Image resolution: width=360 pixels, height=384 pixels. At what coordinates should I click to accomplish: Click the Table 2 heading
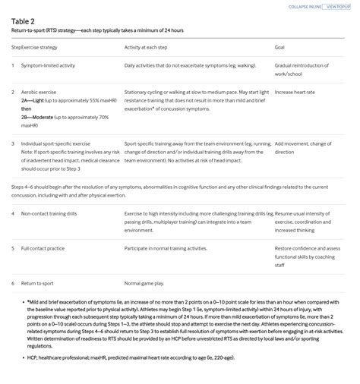pyautogui.click(x=23, y=20)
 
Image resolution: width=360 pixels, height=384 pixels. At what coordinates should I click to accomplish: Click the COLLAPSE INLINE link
pyautogui.click(x=305, y=7)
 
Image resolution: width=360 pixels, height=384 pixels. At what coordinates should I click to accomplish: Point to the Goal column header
pyautogui.click(x=279, y=47)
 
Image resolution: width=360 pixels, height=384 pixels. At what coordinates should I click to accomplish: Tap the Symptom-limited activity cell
pyautogui.click(x=48, y=65)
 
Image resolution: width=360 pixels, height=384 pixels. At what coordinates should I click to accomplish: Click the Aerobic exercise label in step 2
pyautogui.click(x=39, y=92)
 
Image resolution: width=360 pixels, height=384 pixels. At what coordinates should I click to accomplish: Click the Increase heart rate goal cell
pyautogui.click(x=294, y=92)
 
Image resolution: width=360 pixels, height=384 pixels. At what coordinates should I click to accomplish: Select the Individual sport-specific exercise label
pyautogui.click(x=55, y=143)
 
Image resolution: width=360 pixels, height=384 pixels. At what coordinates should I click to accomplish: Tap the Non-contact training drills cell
pyautogui.click(x=50, y=213)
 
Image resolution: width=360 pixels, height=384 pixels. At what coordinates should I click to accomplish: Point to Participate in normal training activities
pyautogui.click(x=166, y=248)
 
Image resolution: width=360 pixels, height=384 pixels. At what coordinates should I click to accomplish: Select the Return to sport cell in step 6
pyautogui.click(x=39, y=283)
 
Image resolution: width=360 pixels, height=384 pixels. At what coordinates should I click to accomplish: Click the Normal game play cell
pyautogui.click(x=144, y=283)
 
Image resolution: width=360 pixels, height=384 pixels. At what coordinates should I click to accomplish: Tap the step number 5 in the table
pyautogui.click(x=13, y=248)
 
